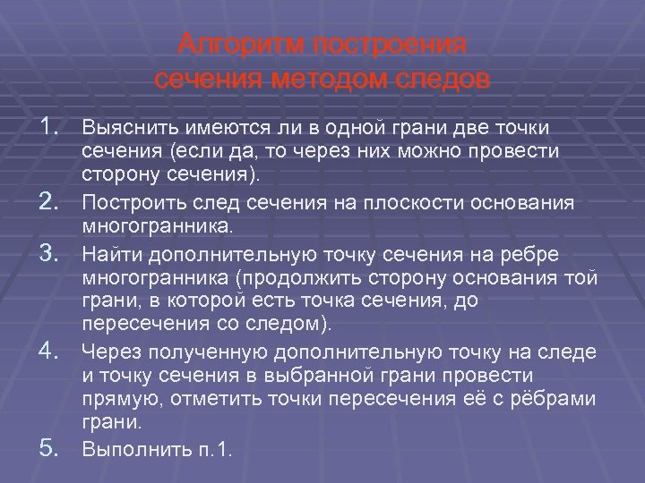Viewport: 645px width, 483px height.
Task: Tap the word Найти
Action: tap(108, 254)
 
